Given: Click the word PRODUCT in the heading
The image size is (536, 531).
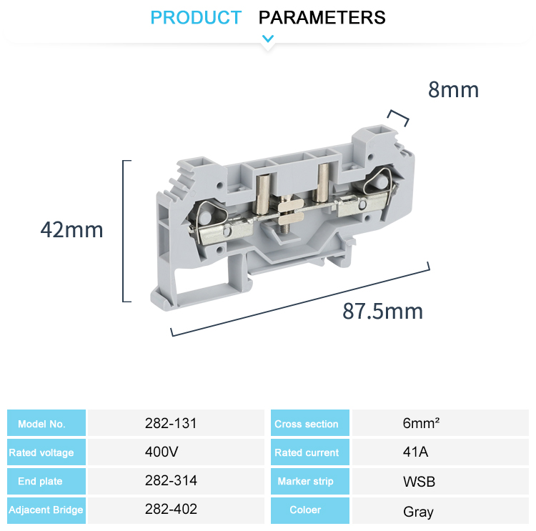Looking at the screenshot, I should [x=196, y=17].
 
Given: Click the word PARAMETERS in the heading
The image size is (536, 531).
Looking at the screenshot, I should [x=322, y=17].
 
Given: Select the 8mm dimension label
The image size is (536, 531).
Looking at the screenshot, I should [x=453, y=90].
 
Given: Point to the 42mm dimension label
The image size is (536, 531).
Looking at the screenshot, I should [x=71, y=230].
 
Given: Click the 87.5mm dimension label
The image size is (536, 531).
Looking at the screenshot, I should [x=382, y=312].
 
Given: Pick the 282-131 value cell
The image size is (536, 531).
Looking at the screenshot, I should [x=170, y=423].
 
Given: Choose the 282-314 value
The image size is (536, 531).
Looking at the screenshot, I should [x=170, y=481].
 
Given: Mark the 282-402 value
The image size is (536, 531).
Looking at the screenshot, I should [x=170, y=510].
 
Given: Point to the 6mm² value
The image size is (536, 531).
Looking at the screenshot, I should [x=420, y=423].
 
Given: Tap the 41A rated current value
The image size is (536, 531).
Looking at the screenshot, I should [x=415, y=452].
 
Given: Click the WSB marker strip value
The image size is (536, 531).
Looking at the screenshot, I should [x=419, y=482].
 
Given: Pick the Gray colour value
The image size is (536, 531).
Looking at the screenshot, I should [x=418, y=512].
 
